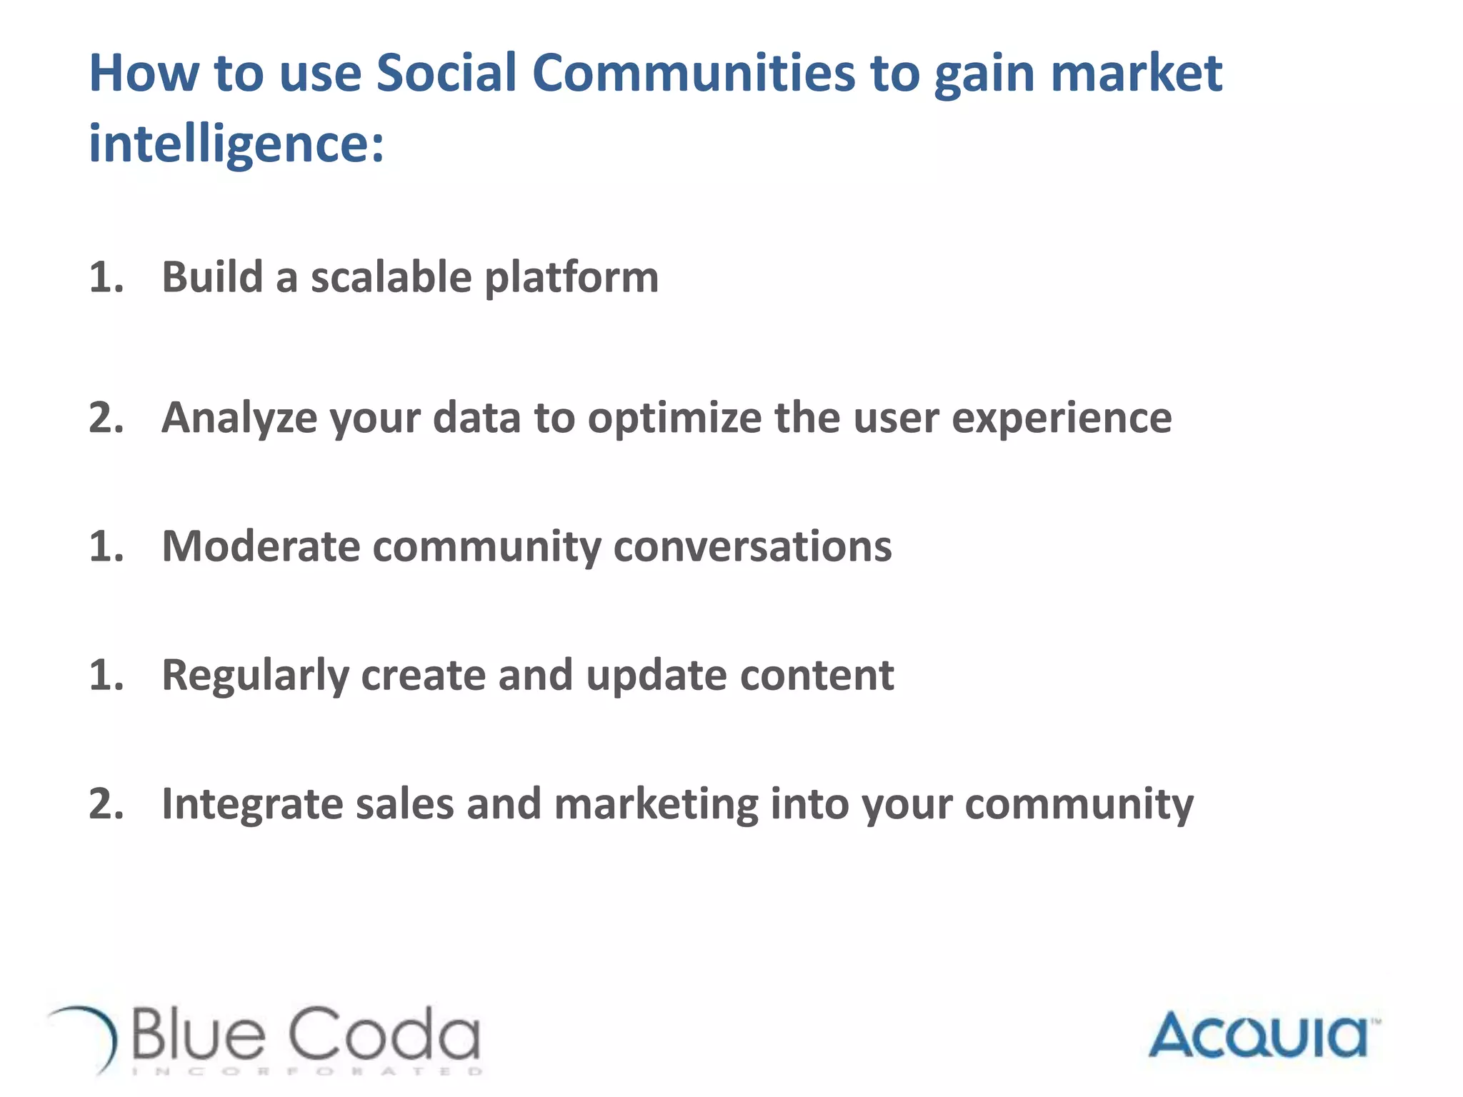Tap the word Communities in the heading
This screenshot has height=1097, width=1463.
(693, 73)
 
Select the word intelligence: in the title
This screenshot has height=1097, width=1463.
(236, 143)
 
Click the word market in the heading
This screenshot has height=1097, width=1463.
(1136, 73)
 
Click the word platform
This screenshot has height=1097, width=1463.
(571, 279)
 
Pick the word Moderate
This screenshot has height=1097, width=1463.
(261, 547)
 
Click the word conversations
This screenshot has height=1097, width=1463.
(752, 547)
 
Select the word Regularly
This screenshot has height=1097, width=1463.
(255, 676)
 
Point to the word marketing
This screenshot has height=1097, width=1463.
(656, 805)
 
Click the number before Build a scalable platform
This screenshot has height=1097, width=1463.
(106, 277)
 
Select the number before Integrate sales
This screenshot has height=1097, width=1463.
(106, 804)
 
